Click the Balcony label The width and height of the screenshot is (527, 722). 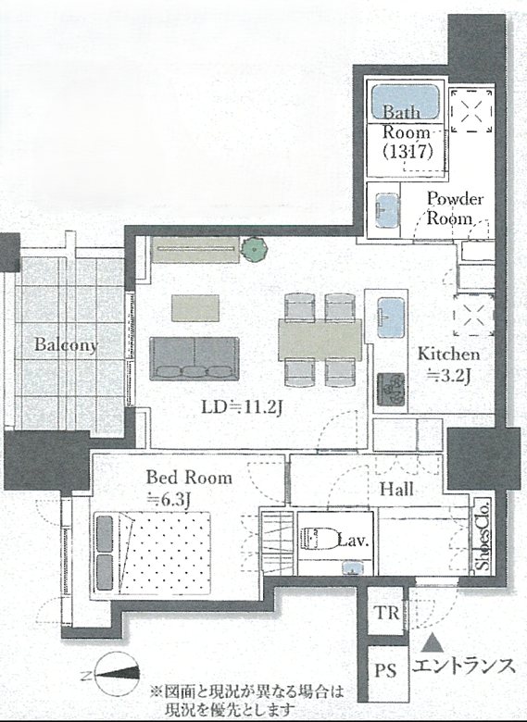(67, 345)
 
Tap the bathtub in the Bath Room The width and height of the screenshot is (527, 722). (405, 102)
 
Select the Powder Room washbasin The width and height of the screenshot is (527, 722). (386, 210)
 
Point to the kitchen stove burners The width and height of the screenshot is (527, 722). (391, 389)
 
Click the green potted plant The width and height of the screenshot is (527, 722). (254, 249)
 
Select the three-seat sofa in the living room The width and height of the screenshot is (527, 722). (194, 358)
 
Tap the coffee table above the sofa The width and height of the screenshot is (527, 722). (195, 308)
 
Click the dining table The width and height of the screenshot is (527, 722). (320, 340)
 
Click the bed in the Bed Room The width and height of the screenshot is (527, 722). (153, 553)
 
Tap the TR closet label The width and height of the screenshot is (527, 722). (386, 613)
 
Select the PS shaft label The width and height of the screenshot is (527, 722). (385, 669)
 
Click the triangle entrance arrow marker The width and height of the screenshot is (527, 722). (433, 642)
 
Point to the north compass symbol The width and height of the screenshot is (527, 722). (117, 674)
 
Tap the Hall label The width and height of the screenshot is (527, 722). (396, 489)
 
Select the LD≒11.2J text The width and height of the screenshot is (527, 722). (242, 406)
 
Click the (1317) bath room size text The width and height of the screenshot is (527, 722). (408, 151)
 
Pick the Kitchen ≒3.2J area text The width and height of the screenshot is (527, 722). (448, 365)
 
